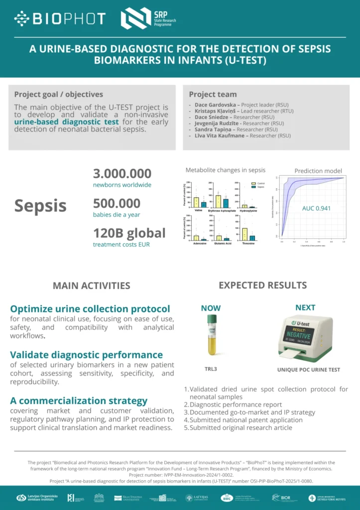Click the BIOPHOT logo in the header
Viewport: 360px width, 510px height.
(x=60, y=18)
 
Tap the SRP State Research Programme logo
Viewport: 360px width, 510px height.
(x=149, y=18)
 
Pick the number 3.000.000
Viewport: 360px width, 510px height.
(x=122, y=174)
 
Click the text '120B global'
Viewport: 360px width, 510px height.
(x=129, y=233)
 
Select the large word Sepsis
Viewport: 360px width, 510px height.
(x=40, y=205)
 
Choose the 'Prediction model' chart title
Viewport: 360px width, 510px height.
(x=318, y=171)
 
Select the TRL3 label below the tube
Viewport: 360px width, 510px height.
(x=211, y=370)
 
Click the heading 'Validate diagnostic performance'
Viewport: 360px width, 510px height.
(x=86, y=355)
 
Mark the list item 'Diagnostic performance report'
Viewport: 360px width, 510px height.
(x=236, y=404)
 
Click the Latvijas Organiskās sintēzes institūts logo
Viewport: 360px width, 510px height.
(x=37, y=498)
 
